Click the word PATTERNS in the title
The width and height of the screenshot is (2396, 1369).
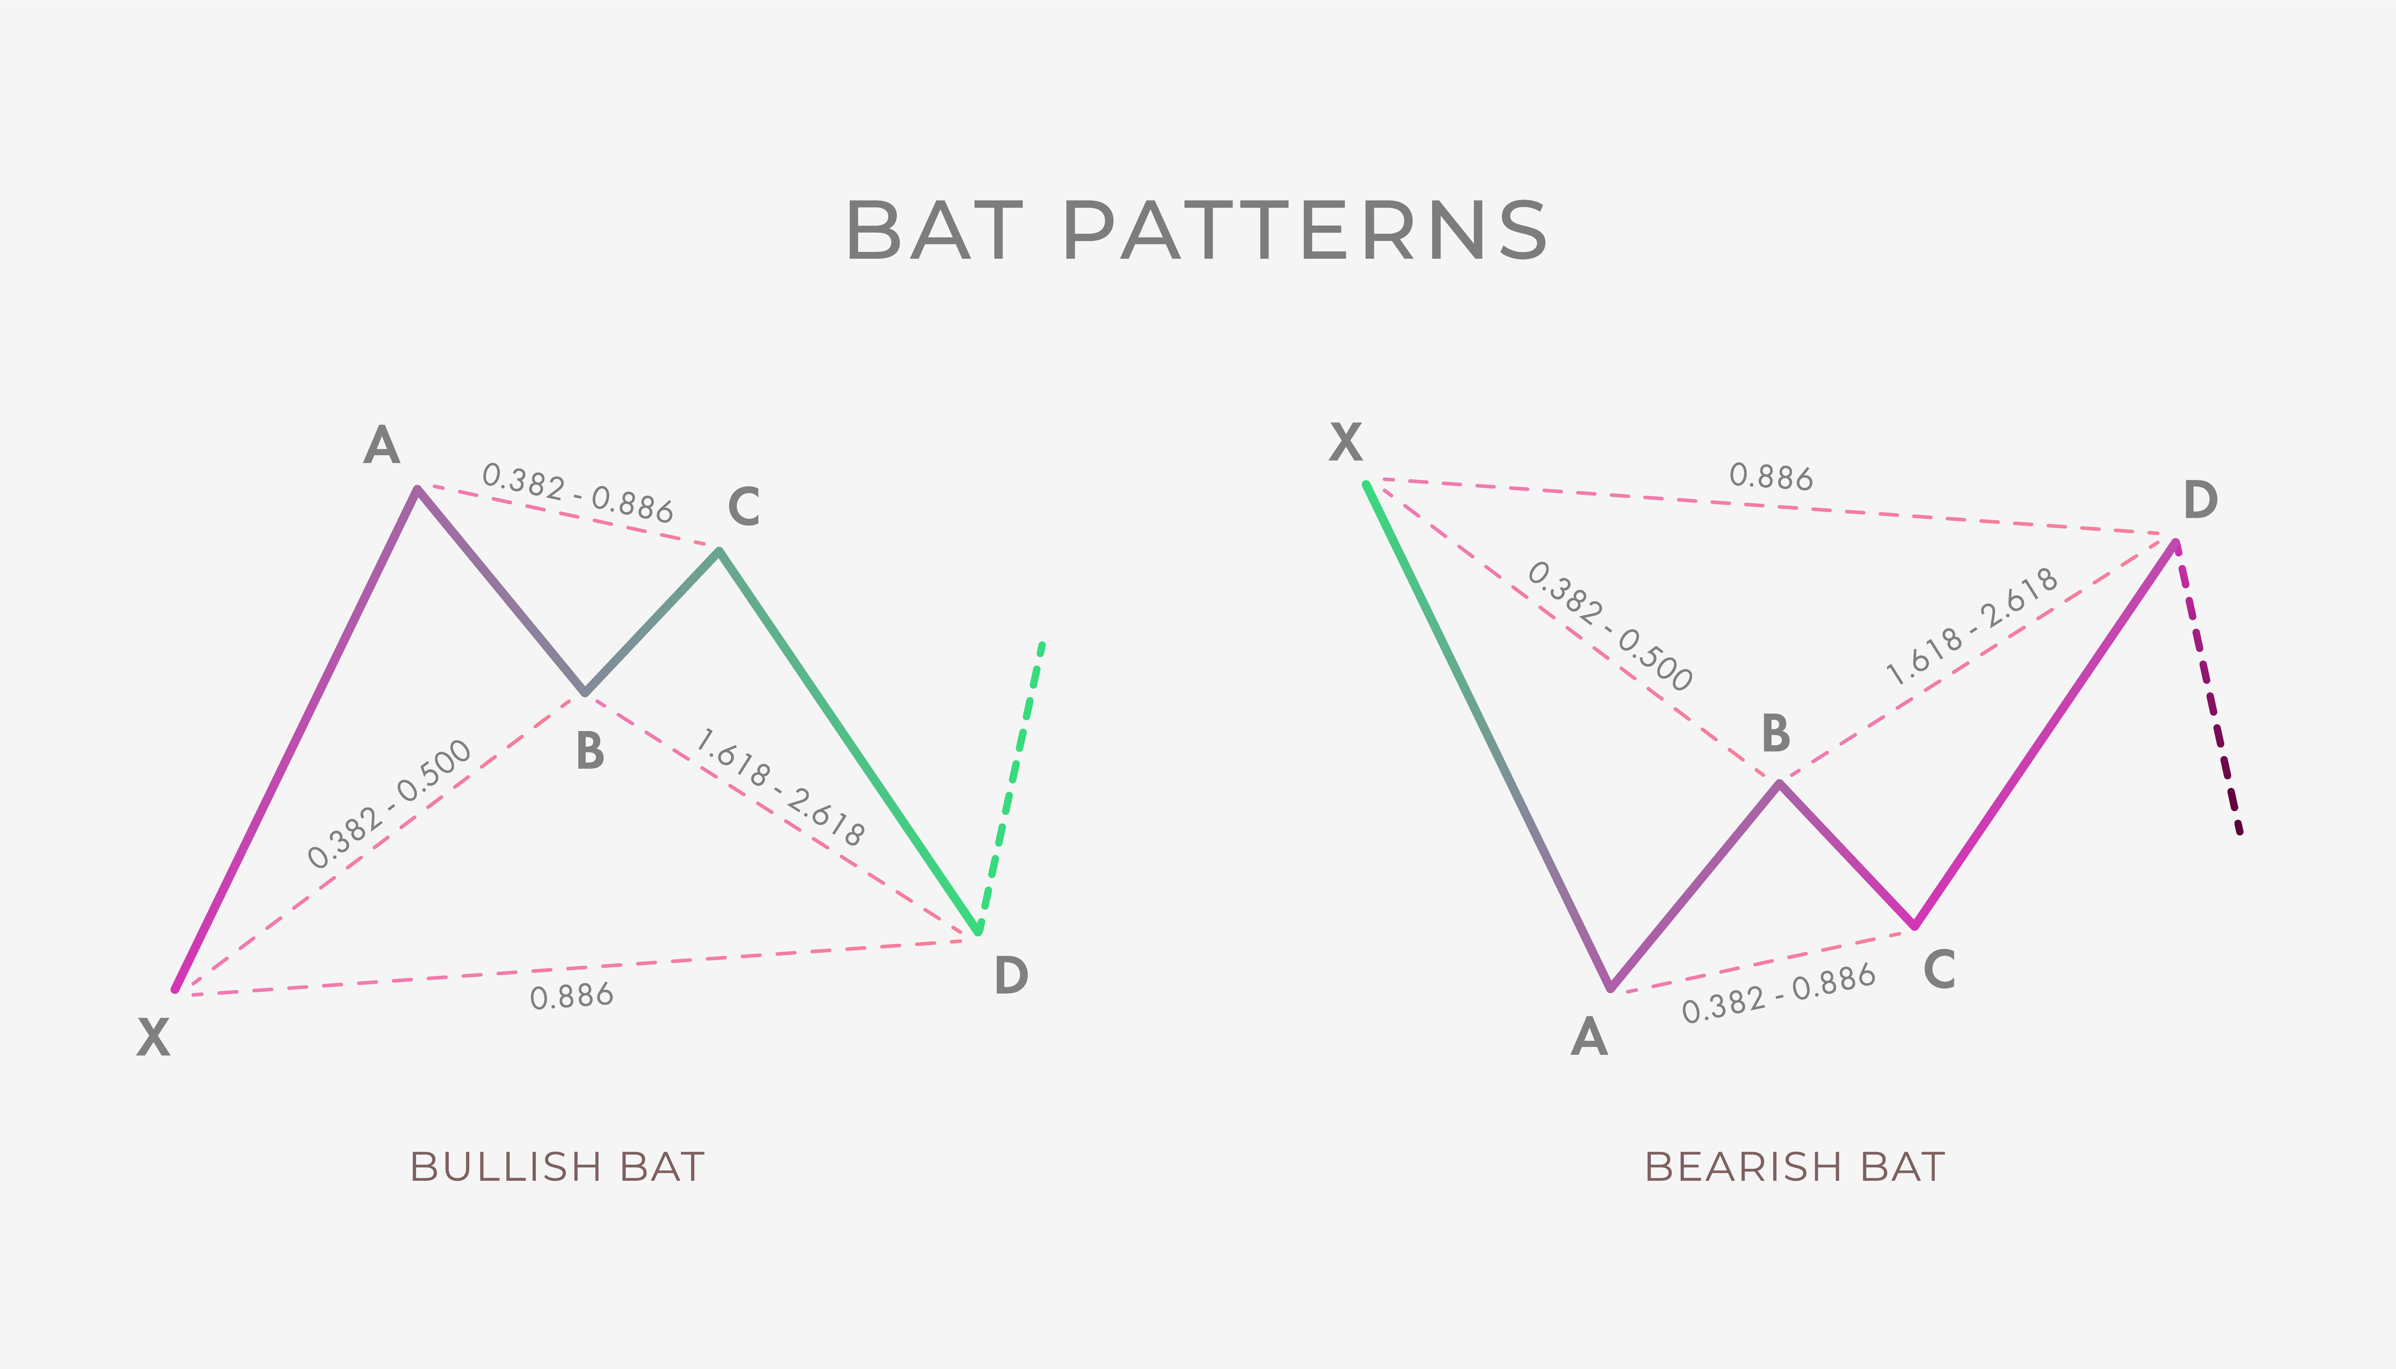1304,231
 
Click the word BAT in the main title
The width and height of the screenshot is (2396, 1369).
934,231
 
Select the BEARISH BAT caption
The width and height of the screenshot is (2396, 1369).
1794,1167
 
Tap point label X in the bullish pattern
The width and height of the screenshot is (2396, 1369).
153,1038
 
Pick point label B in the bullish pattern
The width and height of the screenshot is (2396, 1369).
590,751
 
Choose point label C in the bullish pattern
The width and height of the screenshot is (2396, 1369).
744,507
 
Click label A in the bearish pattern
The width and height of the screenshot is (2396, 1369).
1589,1037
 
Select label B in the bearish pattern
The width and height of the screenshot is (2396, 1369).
1775,734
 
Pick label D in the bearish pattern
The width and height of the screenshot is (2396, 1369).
2201,500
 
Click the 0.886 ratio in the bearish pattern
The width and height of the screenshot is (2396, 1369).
1771,477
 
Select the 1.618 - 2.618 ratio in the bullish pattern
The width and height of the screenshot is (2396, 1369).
780,788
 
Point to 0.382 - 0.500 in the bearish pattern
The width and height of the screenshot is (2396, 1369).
1610,626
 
